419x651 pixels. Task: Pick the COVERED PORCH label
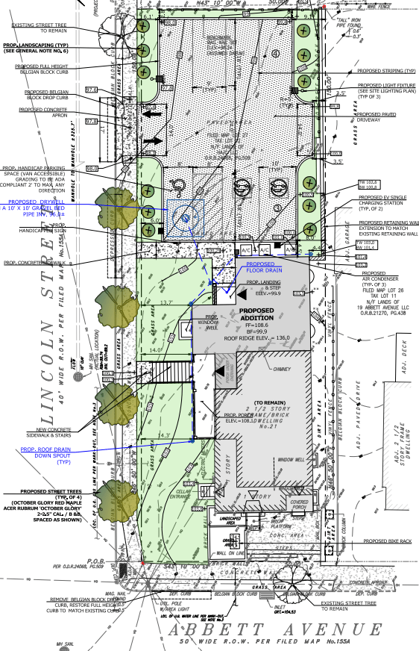point(298,505)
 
